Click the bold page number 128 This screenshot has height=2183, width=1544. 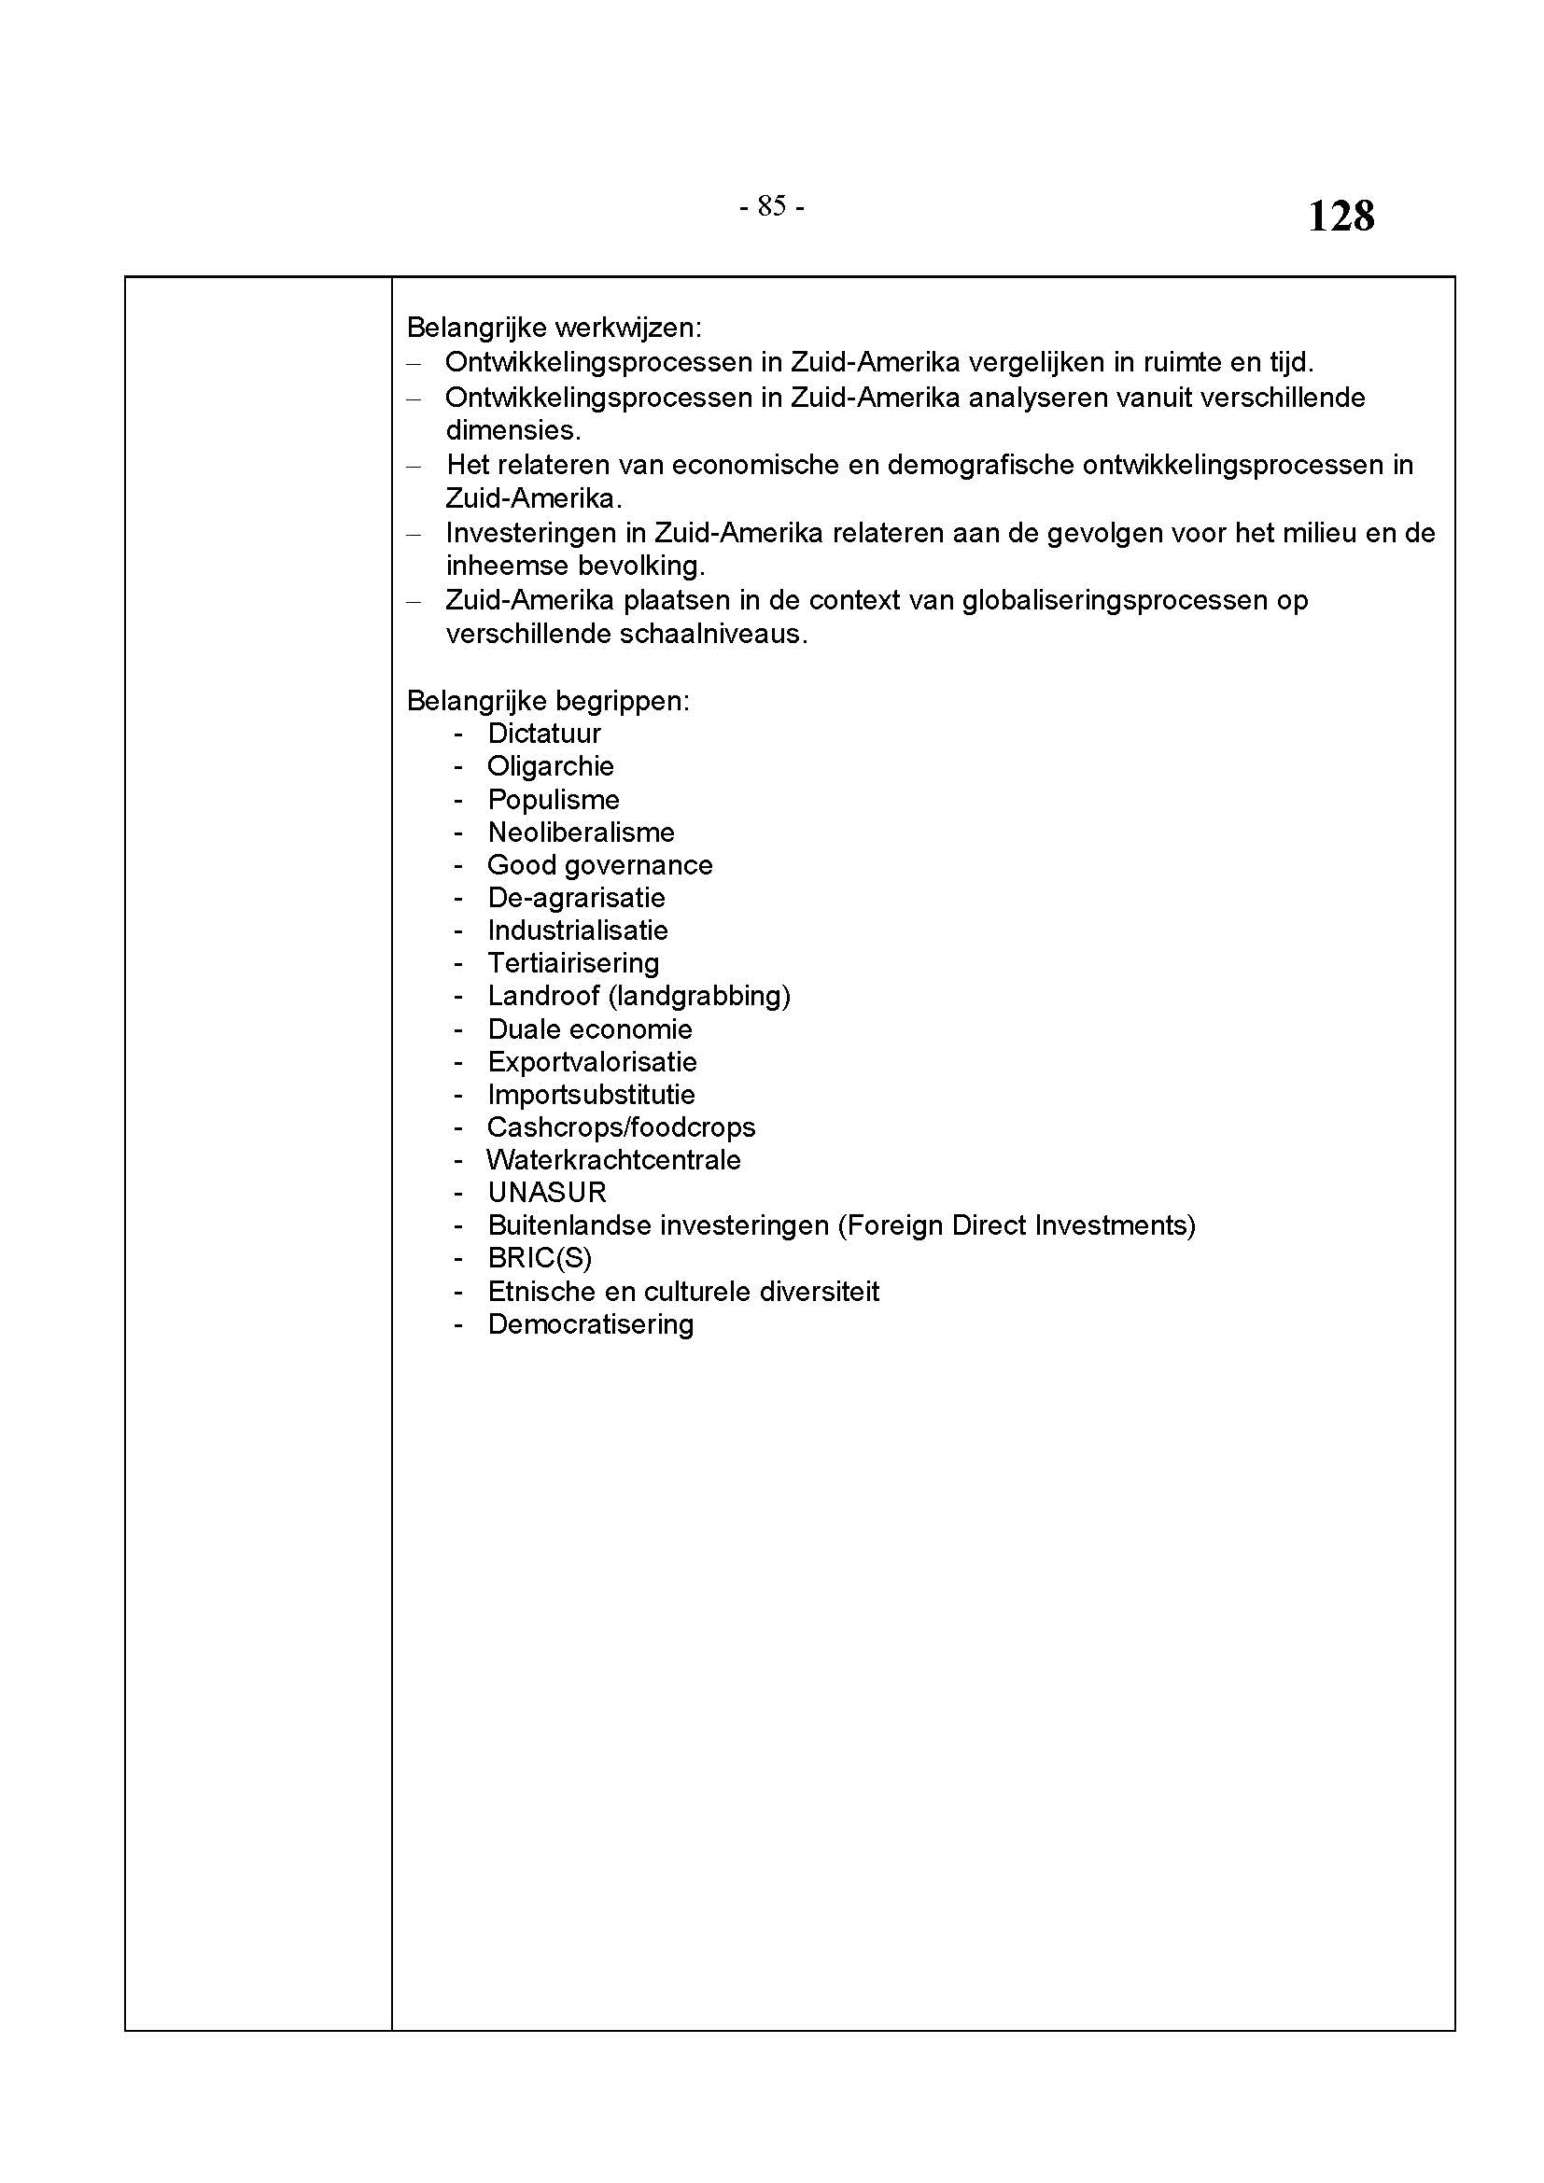coord(1340,216)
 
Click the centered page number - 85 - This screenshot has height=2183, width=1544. coord(771,206)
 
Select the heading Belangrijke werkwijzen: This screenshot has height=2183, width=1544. coord(554,328)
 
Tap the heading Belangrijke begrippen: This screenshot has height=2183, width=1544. coord(548,701)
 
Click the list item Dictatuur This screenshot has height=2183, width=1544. coord(544,733)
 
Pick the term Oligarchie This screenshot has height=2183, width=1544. coord(551,766)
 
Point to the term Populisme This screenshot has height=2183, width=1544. coord(554,800)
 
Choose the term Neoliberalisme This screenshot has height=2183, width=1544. coord(581,832)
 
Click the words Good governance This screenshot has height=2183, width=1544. coord(600,865)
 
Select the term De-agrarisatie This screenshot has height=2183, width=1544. coord(576,898)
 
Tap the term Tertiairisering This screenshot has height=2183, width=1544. coord(573,963)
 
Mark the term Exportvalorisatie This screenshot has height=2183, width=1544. coord(593,1062)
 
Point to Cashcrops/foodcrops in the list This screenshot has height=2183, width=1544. coord(621,1127)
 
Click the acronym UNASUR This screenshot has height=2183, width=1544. coord(547,1192)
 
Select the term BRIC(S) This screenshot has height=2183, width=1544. coord(540,1258)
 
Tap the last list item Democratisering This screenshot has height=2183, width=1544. coord(590,1324)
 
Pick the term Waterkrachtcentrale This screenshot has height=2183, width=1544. coord(613,1160)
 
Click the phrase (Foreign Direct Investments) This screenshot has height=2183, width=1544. coord(1017,1225)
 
